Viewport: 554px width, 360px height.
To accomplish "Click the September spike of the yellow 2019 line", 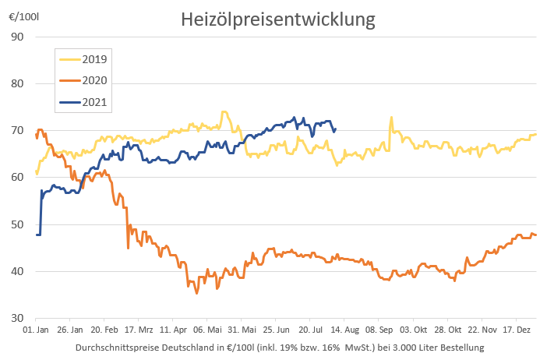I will [x=391, y=118].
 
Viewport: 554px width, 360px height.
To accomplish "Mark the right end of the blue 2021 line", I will [x=335, y=129].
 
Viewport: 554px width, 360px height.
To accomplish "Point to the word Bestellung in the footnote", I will [x=460, y=347].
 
